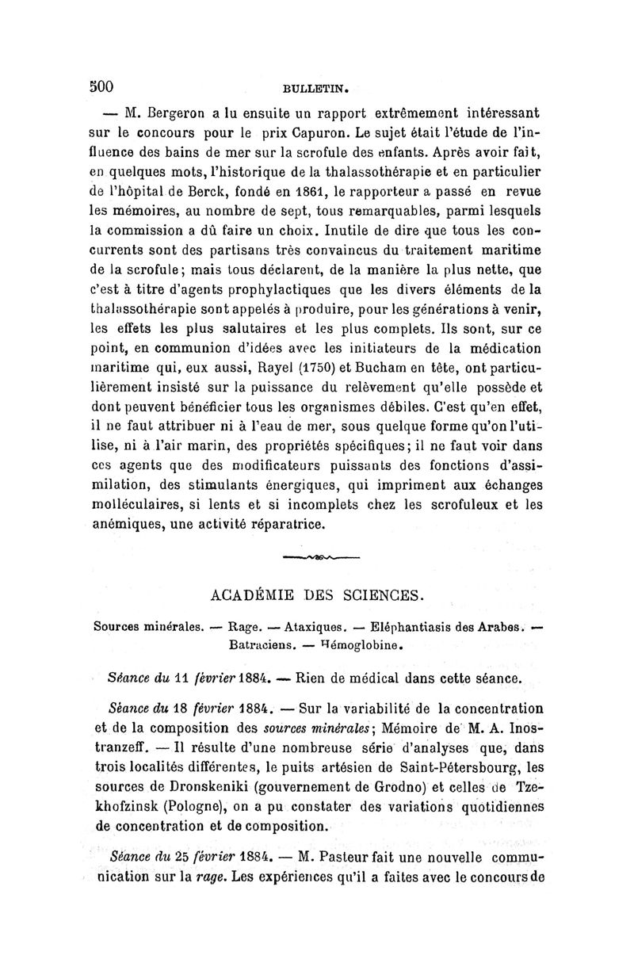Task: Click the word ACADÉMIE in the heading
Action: [x=257, y=594]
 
